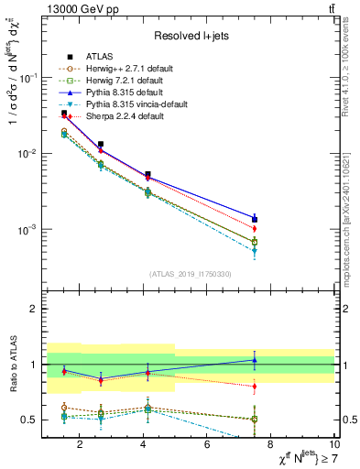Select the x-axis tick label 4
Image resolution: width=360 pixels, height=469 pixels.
pos(144,445)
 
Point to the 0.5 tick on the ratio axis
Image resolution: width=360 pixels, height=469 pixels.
pos(30,420)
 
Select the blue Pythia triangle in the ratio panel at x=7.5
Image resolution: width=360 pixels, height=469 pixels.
pos(255,359)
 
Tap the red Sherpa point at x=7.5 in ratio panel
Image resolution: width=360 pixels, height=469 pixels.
pos(255,387)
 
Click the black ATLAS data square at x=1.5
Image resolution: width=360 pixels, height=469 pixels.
pos(64,114)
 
